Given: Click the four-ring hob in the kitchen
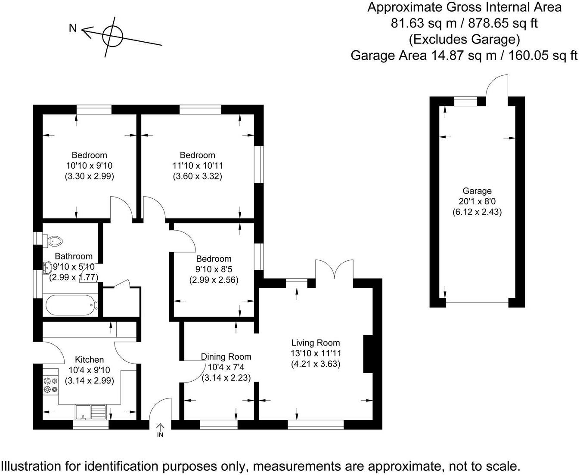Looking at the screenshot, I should tap(50, 385).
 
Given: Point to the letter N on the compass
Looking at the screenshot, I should tap(73, 28).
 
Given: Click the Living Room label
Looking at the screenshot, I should tap(316, 343).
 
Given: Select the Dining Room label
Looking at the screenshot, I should tap(226, 357).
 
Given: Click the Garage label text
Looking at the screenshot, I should tap(477, 191).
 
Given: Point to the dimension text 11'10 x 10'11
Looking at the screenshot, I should tap(197, 166).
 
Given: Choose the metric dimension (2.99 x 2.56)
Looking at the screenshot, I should tap(214, 280).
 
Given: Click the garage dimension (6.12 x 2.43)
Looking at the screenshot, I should tap(477, 212).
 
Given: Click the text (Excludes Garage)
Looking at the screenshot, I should tap(464, 39).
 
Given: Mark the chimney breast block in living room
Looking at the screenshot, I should tap(368, 354).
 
